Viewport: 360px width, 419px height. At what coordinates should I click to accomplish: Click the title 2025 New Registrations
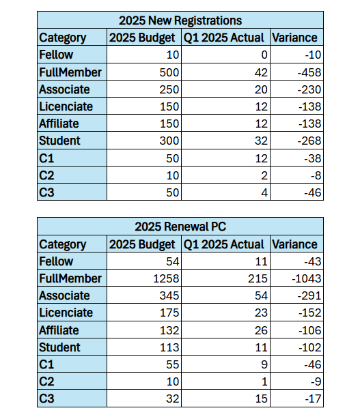click(180, 20)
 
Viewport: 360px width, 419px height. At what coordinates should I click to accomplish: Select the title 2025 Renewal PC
click(180, 227)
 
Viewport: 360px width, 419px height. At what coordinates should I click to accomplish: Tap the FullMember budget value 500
click(169, 72)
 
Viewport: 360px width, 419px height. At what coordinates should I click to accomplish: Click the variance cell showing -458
click(309, 72)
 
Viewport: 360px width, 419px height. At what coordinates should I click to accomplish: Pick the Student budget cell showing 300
click(169, 141)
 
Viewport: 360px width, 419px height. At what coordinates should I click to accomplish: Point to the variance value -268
click(309, 141)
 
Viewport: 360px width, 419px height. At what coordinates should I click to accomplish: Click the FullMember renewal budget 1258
click(166, 278)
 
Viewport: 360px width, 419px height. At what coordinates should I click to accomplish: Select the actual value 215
click(258, 278)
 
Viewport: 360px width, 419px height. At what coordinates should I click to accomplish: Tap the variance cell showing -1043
click(306, 278)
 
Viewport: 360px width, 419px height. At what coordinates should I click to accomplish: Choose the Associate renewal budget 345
click(169, 295)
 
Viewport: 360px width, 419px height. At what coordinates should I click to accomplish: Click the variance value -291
click(309, 295)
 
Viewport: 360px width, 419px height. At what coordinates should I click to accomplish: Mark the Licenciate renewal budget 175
click(169, 313)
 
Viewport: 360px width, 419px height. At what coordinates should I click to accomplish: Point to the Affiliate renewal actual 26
click(261, 330)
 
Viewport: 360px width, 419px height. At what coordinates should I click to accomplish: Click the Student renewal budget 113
click(169, 347)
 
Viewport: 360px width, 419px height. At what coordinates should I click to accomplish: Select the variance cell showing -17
click(313, 399)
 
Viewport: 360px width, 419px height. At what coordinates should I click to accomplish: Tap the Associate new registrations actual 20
click(261, 89)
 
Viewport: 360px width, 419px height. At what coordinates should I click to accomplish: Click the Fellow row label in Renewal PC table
click(56, 261)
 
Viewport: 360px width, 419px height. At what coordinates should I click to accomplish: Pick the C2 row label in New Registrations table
click(46, 175)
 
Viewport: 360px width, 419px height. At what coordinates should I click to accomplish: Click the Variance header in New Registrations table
click(294, 38)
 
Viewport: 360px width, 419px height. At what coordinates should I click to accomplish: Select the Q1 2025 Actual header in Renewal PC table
click(223, 244)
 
